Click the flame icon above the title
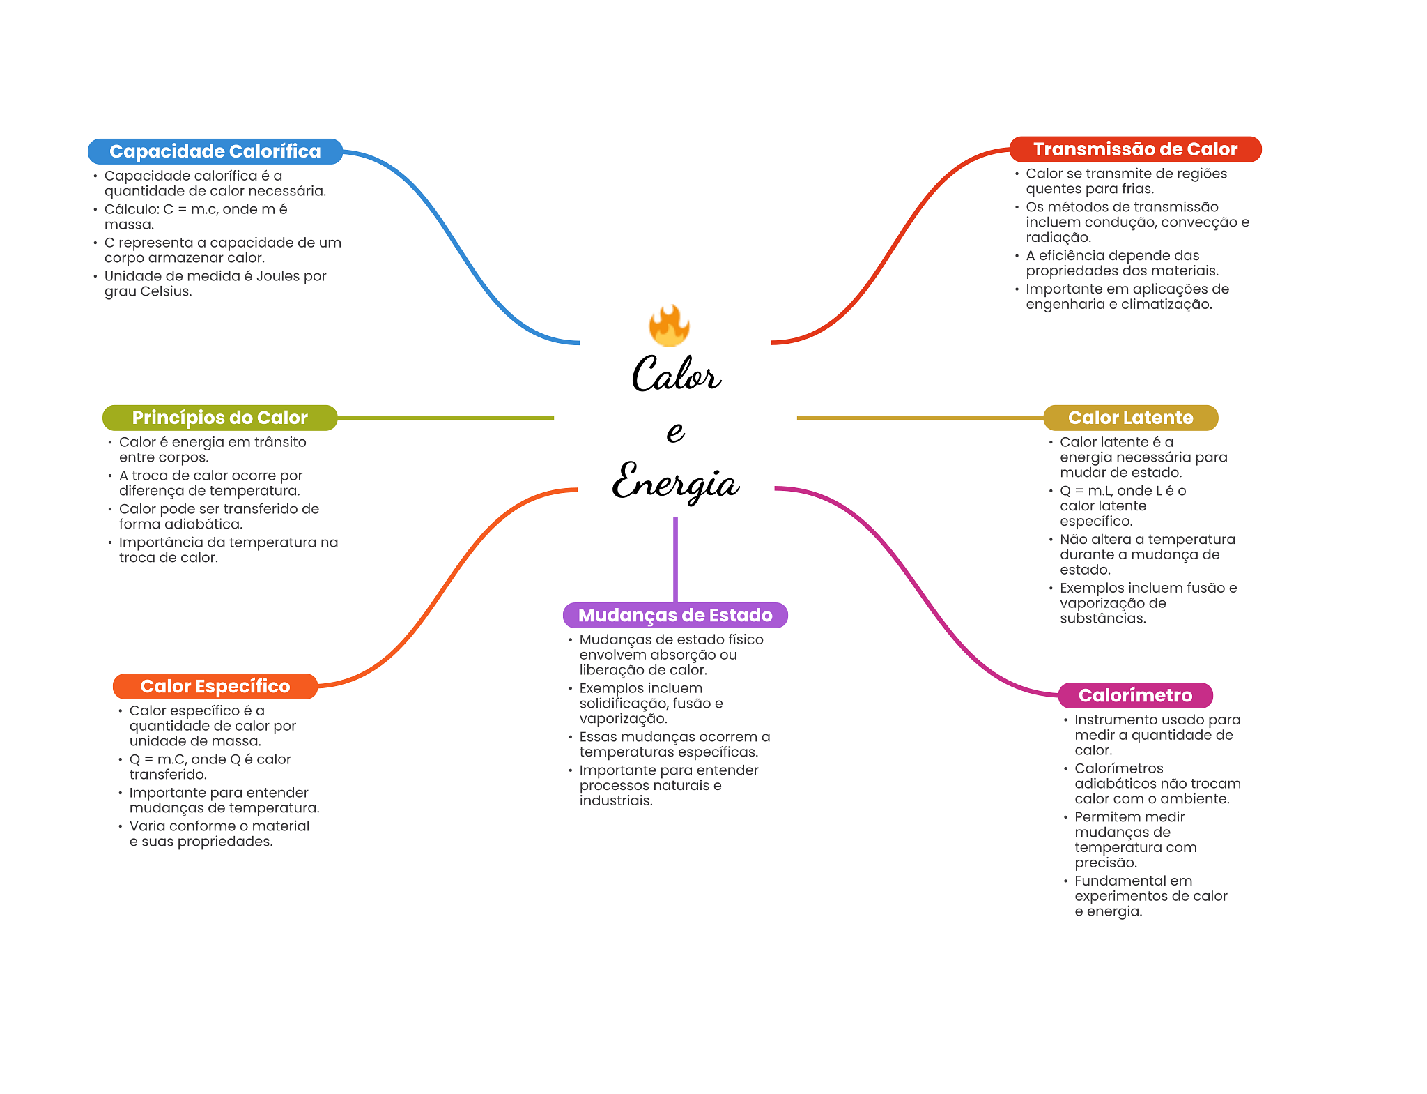click(669, 326)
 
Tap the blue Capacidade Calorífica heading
click(215, 151)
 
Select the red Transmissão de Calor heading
click(1135, 149)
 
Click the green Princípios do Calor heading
click(219, 418)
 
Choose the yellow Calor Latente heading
click(1130, 418)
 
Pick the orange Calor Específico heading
click(215, 686)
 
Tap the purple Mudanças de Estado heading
click(675, 615)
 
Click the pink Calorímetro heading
click(1135, 695)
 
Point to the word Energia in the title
click(675, 482)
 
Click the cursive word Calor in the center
click(675, 374)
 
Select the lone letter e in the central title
click(674, 431)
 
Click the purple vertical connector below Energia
click(675, 558)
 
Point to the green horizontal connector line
click(446, 418)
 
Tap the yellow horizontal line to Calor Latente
click(920, 418)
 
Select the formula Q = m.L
click(1086, 491)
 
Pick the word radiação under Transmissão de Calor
click(1058, 238)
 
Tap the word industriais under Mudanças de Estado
click(615, 801)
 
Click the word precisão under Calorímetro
click(1105, 863)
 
